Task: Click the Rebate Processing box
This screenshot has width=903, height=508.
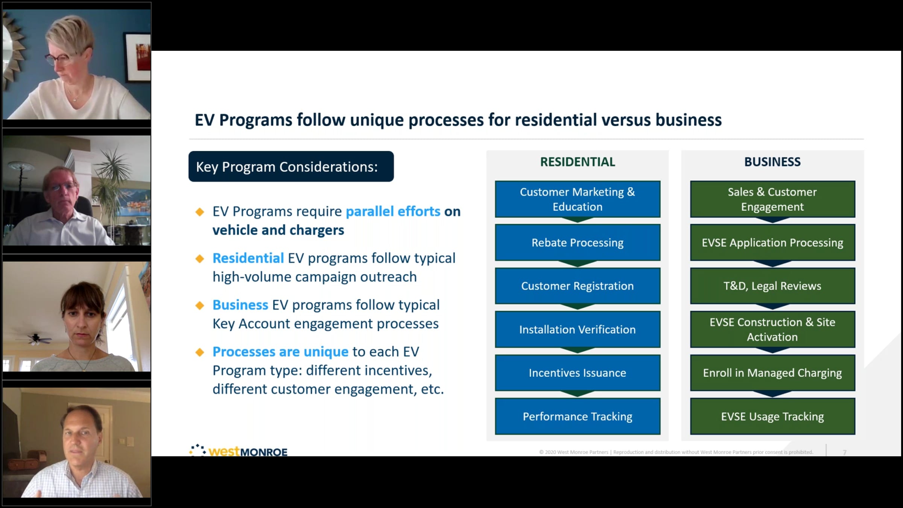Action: point(578,242)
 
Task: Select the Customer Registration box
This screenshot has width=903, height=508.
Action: point(578,286)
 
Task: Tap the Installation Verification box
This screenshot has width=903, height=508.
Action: point(578,329)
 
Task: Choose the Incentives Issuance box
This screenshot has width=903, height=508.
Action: point(578,373)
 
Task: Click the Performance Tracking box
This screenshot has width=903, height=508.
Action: point(578,416)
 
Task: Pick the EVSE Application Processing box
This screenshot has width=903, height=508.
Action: point(772,242)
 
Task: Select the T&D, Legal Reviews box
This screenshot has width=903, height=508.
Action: point(772,286)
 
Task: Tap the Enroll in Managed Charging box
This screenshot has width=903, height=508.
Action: point(772,373)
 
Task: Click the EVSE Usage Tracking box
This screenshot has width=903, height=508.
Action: point(772,416)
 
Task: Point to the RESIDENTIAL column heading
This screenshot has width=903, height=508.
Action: point(578,162)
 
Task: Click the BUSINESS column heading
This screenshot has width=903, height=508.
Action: point(772,162)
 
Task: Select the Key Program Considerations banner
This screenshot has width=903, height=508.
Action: point(291,167)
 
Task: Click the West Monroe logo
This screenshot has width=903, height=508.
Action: point(239,450)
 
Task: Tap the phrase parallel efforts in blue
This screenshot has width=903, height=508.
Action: point(393,211)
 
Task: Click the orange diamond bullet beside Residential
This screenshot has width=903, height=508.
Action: point(200,259)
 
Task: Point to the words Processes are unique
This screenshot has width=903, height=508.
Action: point(280,352)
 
